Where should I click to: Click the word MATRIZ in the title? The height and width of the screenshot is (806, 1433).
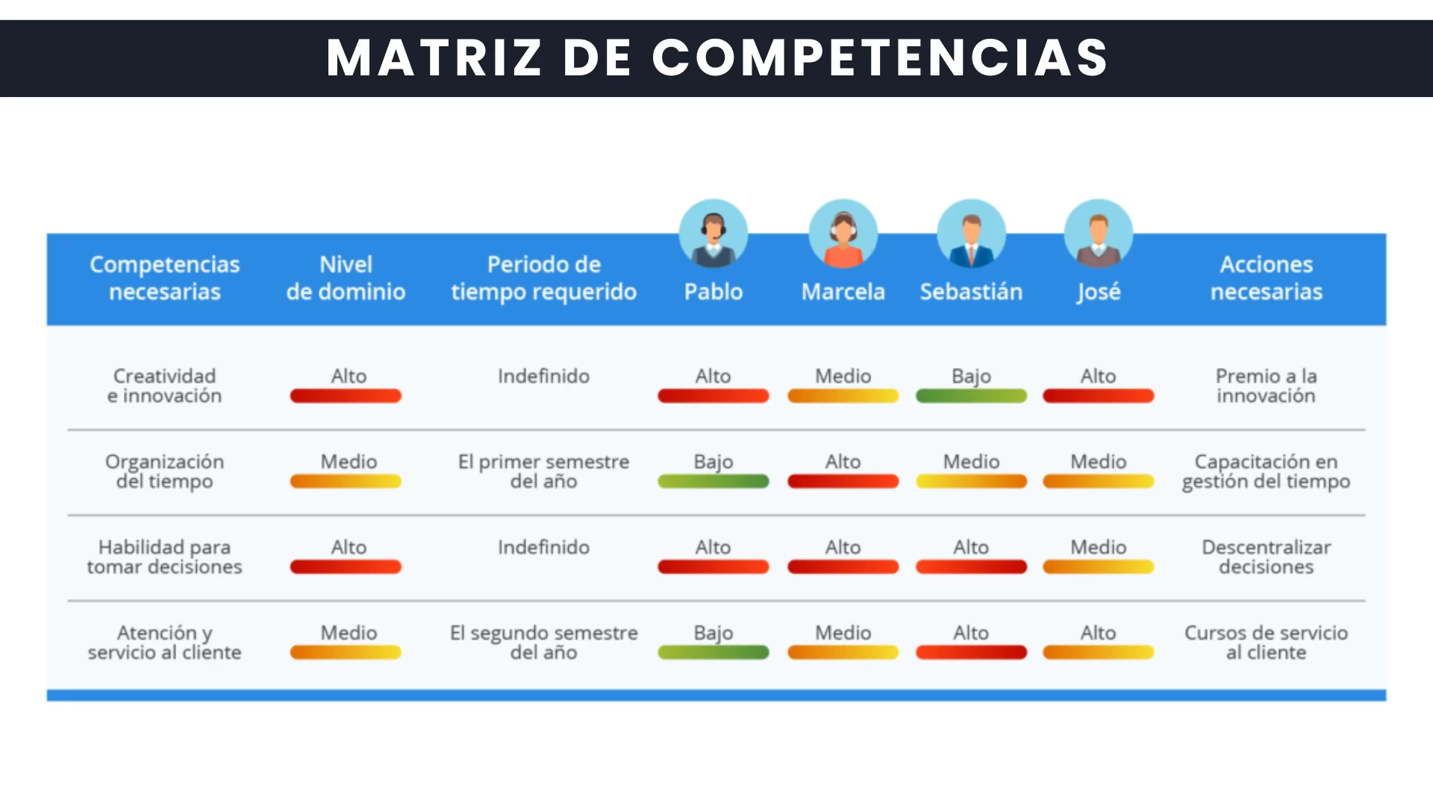(434, 57)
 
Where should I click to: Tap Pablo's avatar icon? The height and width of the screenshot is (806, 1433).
(714, 234)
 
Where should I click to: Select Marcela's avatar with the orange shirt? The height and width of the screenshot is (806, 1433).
(843, 234)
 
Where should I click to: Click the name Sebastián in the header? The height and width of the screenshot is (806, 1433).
(971, 291)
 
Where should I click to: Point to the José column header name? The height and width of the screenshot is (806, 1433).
(1099, 292)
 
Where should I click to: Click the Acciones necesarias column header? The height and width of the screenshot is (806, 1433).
(1267, 278)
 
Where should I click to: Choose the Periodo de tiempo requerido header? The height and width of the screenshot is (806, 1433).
(544, 278)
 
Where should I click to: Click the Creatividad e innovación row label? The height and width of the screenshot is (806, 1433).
(164, 386)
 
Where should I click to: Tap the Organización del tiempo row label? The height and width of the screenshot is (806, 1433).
(164, 472)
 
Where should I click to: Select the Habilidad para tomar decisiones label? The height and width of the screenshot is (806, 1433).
(164, 557)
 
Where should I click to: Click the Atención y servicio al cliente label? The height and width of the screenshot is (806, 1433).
(164, 643)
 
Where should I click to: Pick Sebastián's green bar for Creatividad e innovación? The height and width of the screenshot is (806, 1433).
(971, 396)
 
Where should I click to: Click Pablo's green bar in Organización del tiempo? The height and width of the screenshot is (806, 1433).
(714, 482)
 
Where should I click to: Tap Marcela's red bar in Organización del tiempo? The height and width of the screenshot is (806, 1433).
(843, 482)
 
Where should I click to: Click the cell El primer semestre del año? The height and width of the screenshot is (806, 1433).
(544, 472)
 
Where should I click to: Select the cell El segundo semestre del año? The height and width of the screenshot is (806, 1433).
(544, 643)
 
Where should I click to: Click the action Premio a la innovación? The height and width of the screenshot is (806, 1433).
(1267, 386)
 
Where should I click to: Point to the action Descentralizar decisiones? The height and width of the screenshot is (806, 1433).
(1267, 557)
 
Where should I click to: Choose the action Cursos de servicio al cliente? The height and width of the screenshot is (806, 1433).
(1267, 643)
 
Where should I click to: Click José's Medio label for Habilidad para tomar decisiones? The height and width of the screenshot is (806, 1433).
(1099, 547)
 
